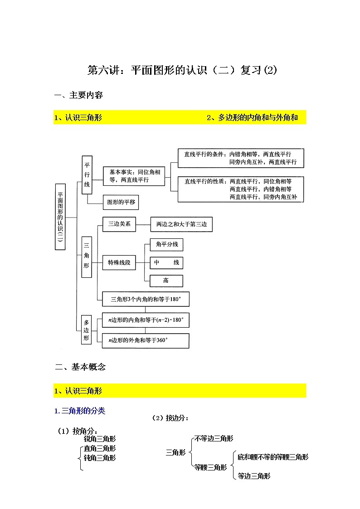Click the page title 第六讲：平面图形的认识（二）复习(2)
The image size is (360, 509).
[181, 71]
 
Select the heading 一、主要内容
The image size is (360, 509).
[78, 95]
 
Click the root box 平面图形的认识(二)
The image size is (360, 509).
[60, 217]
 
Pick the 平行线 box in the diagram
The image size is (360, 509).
[87, 175]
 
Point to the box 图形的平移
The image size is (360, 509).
[120, 202]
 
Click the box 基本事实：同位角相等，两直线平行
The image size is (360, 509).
[133, 176]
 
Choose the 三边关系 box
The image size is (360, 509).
[119, 224]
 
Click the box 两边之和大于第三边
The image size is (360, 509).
[181, 224]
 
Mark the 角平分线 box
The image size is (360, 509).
[166, 245]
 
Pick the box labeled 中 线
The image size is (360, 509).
[166, 263]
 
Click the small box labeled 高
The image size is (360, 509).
[166, 281]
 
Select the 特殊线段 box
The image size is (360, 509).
[119, 263]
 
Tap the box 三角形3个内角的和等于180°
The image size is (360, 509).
[146, 300]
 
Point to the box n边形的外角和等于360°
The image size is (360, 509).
[146, 340]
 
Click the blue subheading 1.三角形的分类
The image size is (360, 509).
[79, 411]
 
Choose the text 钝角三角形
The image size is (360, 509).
[100, 458]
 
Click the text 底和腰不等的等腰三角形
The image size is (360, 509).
[273, 457]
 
